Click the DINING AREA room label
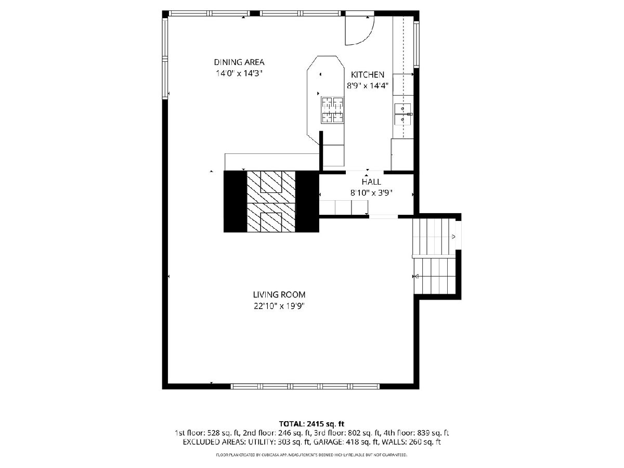(x=239, y=62)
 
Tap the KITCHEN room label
(x=367, y=74)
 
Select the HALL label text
(x=371, y=181)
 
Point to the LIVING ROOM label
(x=279, y=294)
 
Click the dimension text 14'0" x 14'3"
(x=239, y=73)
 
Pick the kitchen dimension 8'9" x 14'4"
(x=367, y=85)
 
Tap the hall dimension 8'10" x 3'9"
(x=371, y=193)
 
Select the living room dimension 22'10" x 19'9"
(x=279, y=306)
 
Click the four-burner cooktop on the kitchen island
(x=332, y=110)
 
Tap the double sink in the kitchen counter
(x=403, y=114)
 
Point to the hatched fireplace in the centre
(x=271, y=201)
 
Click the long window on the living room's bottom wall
(x=305, y=386)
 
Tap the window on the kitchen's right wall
(x=417, y=44)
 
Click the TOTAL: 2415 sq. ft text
(x=311, y=424)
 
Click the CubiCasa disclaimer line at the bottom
(x=311, y=454)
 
